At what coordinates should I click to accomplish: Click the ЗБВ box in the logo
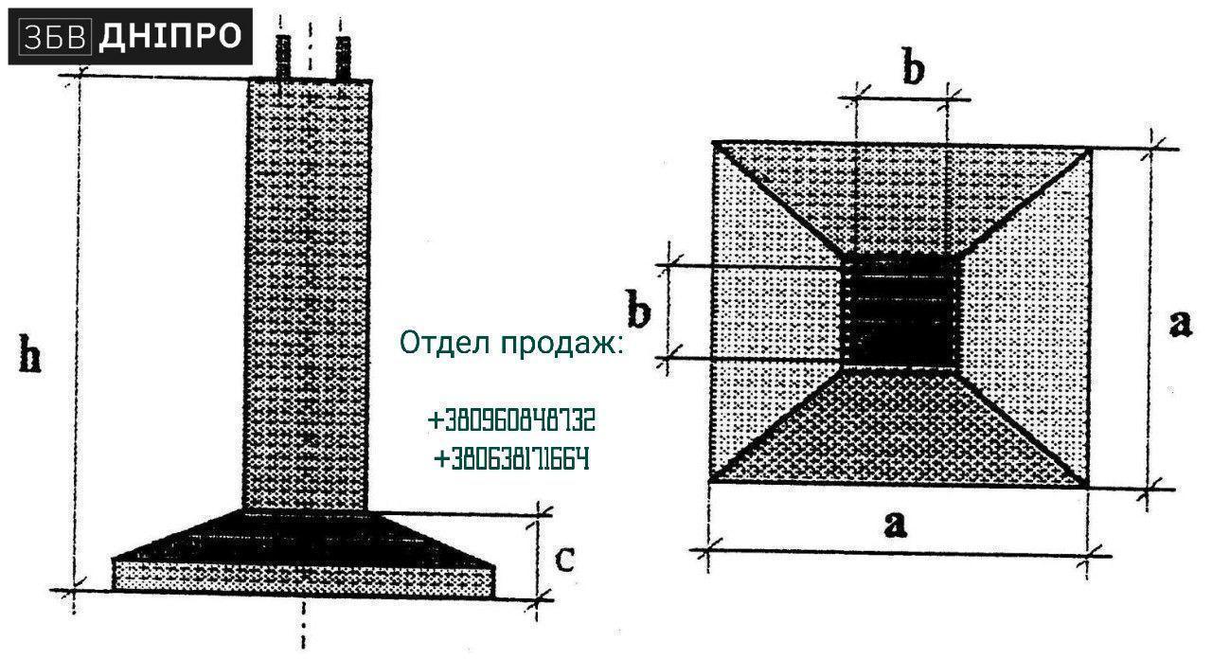coord(55,37)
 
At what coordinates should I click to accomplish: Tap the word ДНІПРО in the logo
coord(169,36)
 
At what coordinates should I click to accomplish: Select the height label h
coord(29,353)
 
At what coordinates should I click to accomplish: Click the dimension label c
coord(565,560)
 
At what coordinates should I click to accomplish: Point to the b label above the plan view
coord(914,66)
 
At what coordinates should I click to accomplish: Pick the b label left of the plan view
coord(638,309)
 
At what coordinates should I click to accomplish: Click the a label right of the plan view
coord(1180,324)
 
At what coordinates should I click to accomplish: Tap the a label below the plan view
coord(896,525)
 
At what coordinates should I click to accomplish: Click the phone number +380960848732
coord(511,420)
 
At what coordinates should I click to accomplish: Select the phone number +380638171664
coord(511,459)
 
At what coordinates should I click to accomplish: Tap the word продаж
coord(561,344)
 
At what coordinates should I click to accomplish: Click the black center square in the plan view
coord(900,312)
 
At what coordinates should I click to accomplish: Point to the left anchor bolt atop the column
coord(283,58)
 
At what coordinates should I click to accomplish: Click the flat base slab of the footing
coord(304,579)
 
